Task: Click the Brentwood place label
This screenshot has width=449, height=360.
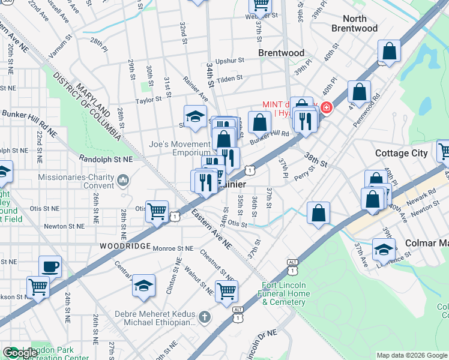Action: [281, 53]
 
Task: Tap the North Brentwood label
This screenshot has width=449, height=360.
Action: [354, 23]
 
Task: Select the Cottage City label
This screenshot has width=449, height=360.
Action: [401, 153]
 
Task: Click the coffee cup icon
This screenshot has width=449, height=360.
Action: [50, 266]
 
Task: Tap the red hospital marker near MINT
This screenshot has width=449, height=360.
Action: [326, 108]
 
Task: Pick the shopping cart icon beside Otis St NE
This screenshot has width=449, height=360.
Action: [157, 211]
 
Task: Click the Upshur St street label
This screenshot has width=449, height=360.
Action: [230, 61]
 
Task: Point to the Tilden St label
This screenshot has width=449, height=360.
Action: [229, 78]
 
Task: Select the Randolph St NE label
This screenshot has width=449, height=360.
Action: [105, 158]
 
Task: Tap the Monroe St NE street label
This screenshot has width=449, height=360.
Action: [173, 248]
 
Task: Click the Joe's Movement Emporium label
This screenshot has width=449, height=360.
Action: [180, 148]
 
